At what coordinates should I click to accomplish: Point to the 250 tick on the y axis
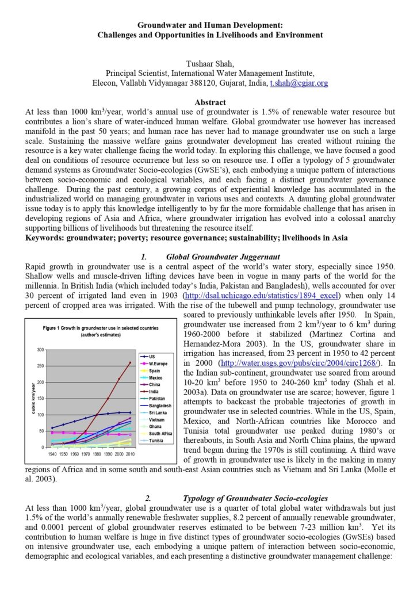[40, 366]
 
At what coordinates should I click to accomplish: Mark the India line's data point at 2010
[130, 362]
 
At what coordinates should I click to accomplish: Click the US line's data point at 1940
[52, 428]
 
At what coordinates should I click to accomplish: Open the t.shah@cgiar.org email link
[299, 83]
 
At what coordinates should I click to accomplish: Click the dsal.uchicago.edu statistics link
[262, 295]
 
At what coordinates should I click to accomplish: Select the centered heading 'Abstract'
[210, 102]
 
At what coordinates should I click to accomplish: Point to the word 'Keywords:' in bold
[47, 237]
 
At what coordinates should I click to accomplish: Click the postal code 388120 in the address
[200, 83]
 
